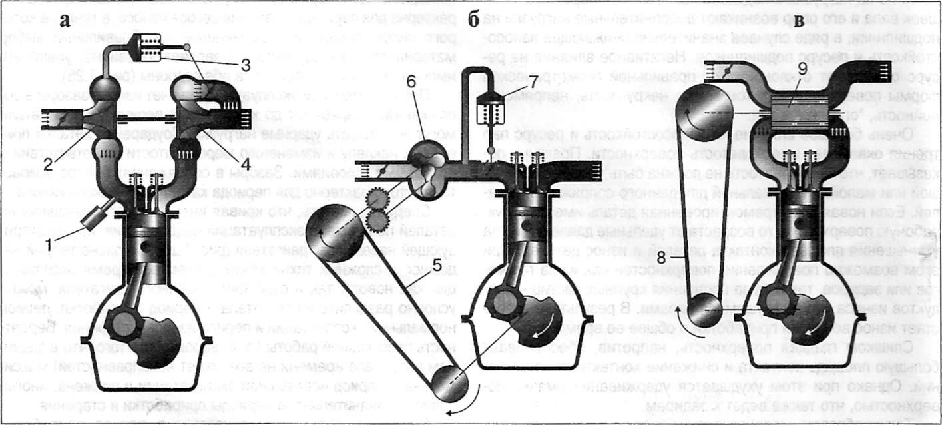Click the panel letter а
click(x=65, y=20)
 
